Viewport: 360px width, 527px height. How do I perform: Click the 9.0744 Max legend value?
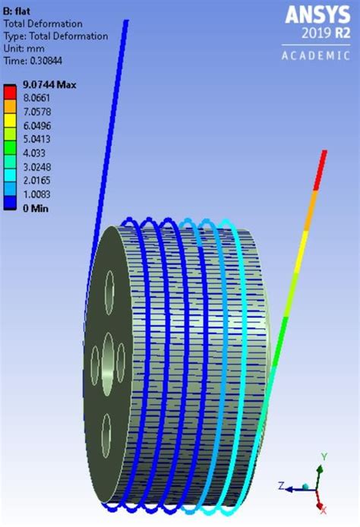coord(49,85)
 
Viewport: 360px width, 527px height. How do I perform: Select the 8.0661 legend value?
coord(36,98)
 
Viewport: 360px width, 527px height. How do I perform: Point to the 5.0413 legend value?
coord(36,139)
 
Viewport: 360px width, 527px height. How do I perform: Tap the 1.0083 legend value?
coord(36,194)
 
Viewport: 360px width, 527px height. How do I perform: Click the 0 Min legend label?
coord(36,208)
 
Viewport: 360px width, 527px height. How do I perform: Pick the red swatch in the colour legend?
coord(10,92)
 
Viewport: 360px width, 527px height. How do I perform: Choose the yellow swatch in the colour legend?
coord(10,121)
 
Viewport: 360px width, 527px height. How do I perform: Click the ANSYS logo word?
coord(317,15)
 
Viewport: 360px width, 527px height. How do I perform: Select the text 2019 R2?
coord(326,33)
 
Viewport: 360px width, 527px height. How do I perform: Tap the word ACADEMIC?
coord(316,55)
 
